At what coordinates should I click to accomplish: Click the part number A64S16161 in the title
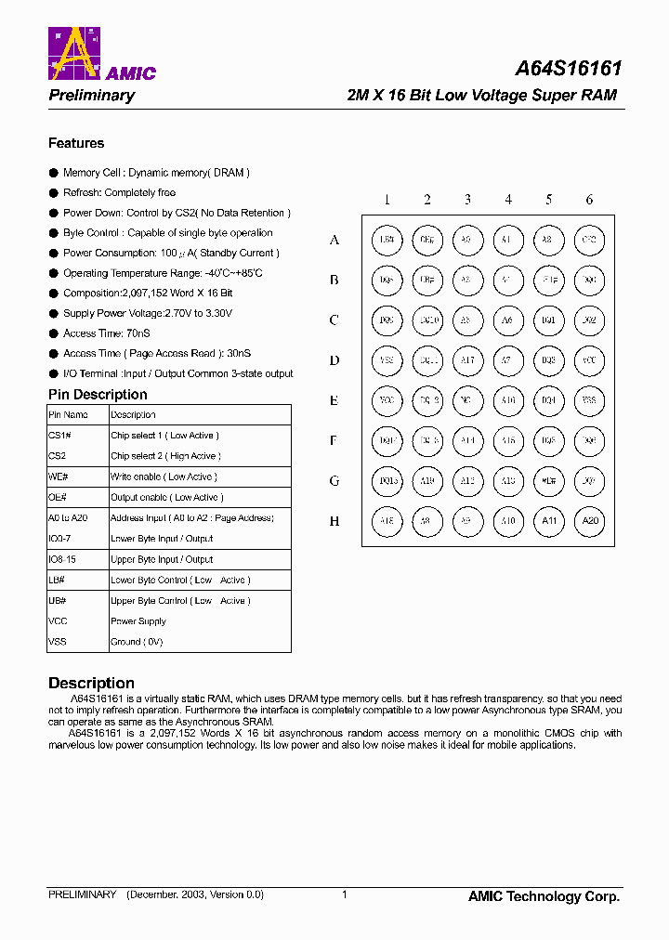(569, 69)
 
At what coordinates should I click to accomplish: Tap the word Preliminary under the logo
(91, 96)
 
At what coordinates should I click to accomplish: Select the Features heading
(76, 143)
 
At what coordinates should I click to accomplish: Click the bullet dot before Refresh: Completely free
(53, 193)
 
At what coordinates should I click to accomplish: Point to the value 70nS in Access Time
(139, 333)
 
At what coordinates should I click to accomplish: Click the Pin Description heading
(98, 395)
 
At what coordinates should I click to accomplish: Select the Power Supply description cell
(138, 621)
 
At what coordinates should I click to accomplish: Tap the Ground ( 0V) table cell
(137, 642)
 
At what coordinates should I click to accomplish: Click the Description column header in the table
(133, 415)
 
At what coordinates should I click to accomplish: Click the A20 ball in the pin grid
(589, 521)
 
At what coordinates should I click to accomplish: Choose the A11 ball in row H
(548, 521)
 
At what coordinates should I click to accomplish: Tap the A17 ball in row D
(467, 360)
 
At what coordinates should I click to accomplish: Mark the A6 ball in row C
(508, 320)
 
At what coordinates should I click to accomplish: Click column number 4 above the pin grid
(508, 200)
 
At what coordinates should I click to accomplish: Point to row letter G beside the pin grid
(334, 481)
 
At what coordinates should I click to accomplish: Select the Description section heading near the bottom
(91, 683)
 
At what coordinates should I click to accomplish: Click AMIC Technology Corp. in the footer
(544, 896)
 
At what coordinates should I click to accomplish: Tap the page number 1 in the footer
(344, 894)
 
